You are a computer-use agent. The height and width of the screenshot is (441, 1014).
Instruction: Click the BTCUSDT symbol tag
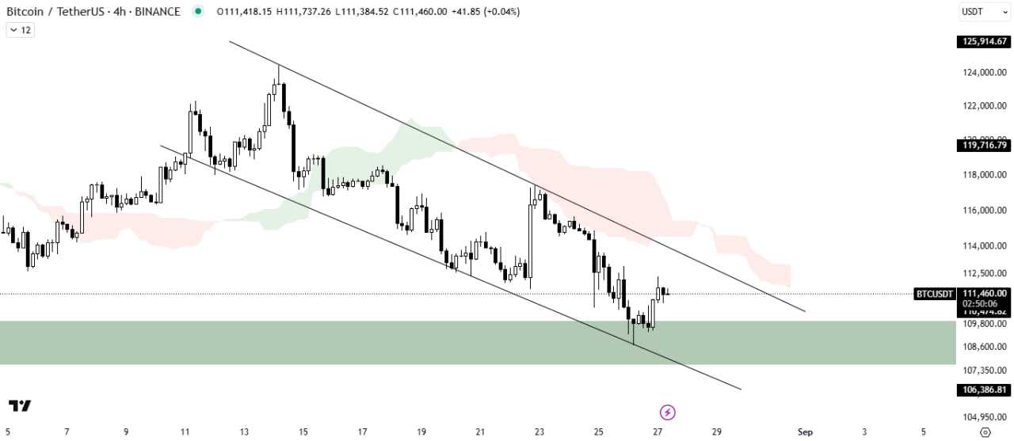pyautogui.click(x=935, y=294)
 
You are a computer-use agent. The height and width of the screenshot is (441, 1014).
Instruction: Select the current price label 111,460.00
pyautogui.click(x=985, y=293)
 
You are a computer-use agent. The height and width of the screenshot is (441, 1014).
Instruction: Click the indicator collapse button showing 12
pyautogui.click(x=21, y=30)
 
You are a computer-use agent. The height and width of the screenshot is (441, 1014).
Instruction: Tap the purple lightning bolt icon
pyautogui.click(x=668, y=412)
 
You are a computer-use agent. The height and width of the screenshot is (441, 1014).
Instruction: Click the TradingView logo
pyautogui.click(x=21, y=406)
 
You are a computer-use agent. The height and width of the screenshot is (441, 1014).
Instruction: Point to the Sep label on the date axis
pyautogui.click(x=805, y=432)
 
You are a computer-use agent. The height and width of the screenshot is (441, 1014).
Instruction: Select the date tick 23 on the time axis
pyautogui.click(x=539, y=432)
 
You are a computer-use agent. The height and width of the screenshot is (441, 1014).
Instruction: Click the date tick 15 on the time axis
pyautogui.click(x=303, y=432)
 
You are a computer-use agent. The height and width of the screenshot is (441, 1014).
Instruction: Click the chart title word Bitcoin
pyautogui.click(x=25, y=11)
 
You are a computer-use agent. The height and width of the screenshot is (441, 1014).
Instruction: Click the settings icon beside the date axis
pyautogui.click(x=985, y=432)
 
